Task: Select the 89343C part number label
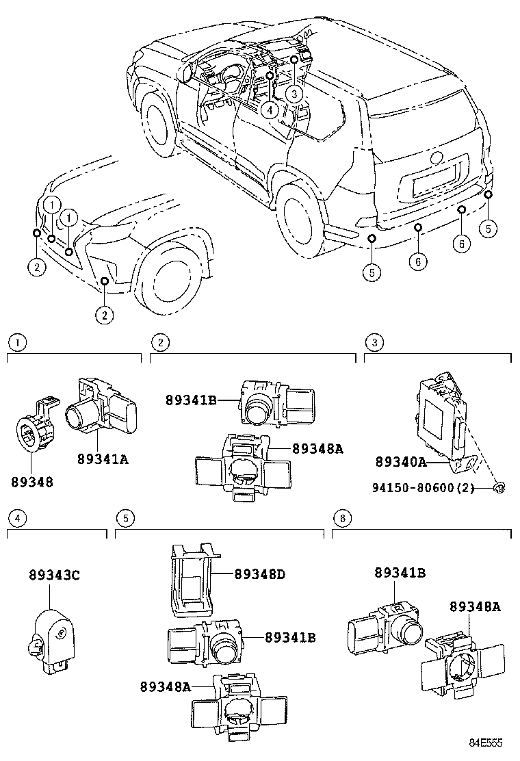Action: (54, 575)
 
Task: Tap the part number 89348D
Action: (259, 573)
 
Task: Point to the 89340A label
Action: (400, 462)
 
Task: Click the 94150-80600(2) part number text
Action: (431, 488)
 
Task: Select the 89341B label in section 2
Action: (191, 400)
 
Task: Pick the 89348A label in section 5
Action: (166, 686)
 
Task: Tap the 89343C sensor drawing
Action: (53, 633)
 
